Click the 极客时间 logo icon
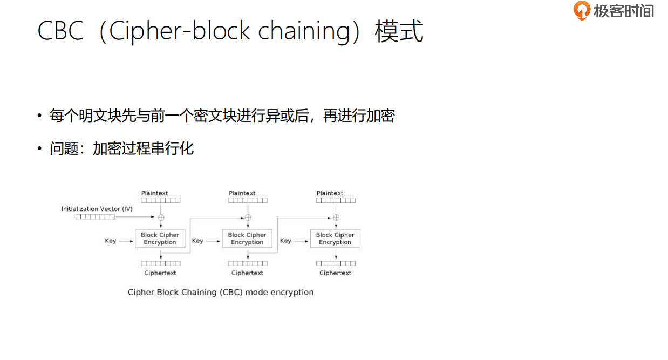[582, 10]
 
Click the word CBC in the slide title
[60, 31]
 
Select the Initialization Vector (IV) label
[97, 209]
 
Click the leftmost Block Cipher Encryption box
[160, 239]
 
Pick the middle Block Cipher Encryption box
[247, 239]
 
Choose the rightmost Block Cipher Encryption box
[335, 239]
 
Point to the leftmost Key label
[111, 241]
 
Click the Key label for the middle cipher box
[197, 241]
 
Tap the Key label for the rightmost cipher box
[285, 241]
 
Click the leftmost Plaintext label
[155, 193]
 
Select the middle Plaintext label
[242, 193]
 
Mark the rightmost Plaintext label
[330, 193]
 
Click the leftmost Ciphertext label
[160, 273]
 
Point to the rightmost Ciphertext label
[335, 273]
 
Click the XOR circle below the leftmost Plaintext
[160, 218]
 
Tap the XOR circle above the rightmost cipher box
[336, 218]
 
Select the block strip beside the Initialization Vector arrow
[95, 217]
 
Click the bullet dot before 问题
[39, 148]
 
